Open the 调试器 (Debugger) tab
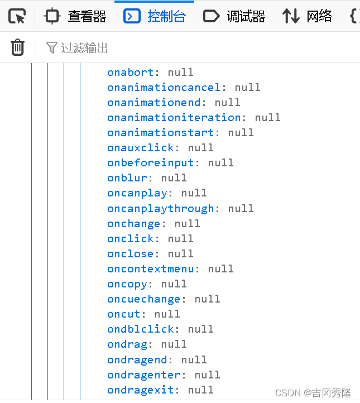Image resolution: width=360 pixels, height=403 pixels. tap(234, 16)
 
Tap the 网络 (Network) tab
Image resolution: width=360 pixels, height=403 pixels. tap(307, 16)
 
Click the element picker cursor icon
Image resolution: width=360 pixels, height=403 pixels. tap(17, 16)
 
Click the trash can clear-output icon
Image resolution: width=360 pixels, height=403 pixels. tap(18, 47)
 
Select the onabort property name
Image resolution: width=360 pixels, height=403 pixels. tap(130, 72)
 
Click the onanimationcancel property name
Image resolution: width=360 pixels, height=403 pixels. tap(164, 87)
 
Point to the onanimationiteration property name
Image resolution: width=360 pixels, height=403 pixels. tap(174, 117)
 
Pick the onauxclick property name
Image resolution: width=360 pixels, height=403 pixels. tap(141, 147)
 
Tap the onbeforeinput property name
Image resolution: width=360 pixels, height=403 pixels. tap(151, 162)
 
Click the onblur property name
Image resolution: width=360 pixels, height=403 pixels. tap(127, 177)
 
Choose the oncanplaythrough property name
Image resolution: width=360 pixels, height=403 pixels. tap(161, 208)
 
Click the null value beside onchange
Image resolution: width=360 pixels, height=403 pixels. tap(187, 223)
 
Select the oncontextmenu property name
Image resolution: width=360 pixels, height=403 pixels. tap(151, 268)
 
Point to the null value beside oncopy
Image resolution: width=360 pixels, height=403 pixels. tap(174, 284)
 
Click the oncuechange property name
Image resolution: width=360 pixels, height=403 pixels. tap(144, 299)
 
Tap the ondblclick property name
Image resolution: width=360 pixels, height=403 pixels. tap(141, 329)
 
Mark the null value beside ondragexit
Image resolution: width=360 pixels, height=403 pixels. tap(200, 390)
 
